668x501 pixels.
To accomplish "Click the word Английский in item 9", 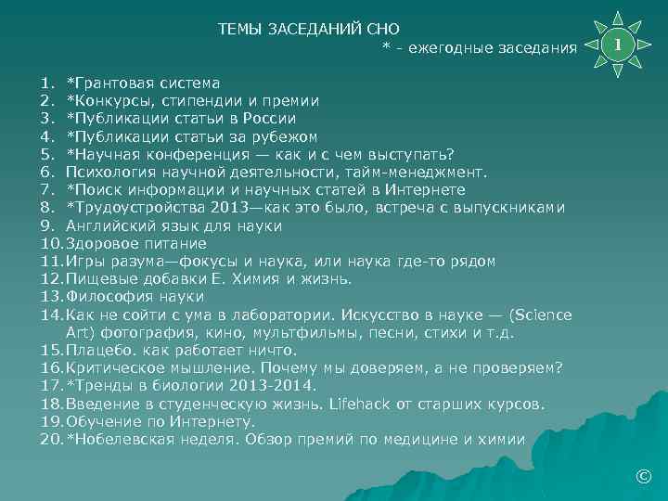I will point(106,225).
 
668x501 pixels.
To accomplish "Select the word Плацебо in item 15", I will point(96,351).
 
